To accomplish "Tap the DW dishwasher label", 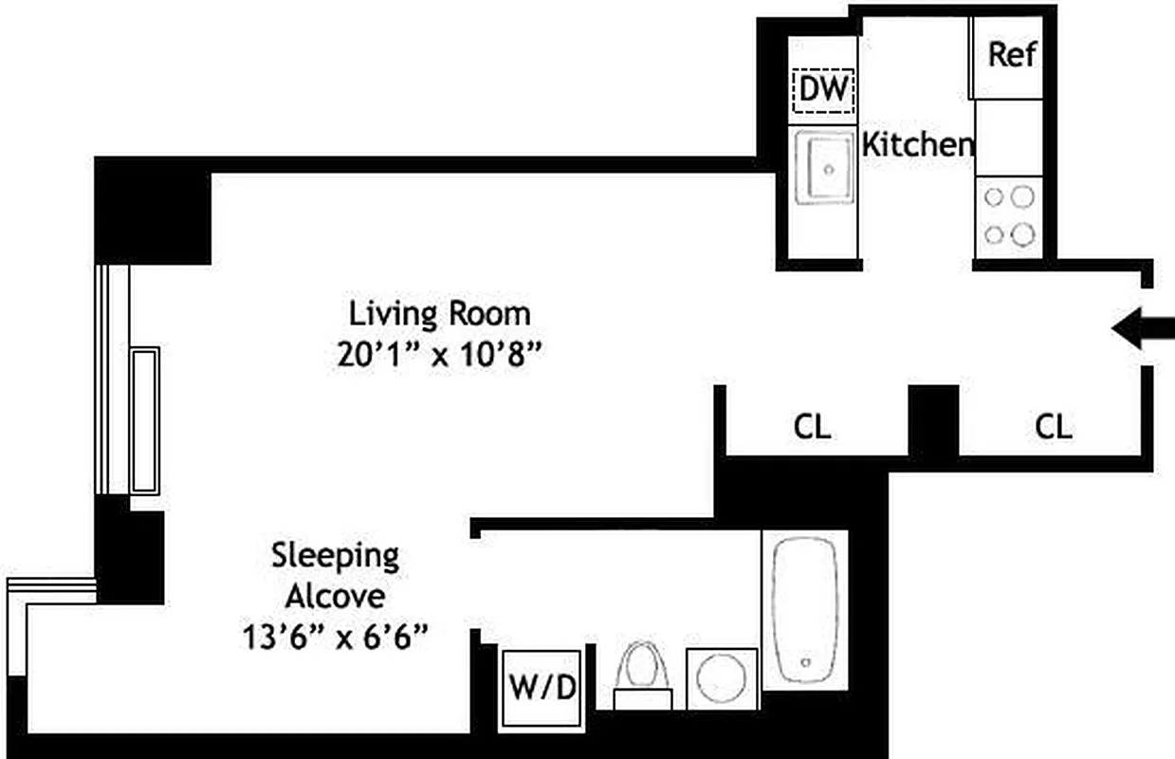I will pyautogui.click(x=823, y=90).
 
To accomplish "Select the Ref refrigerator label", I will pyautogui.click(x=1012, y=54).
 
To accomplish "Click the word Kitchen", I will pyautogui.click(x=917, y=145).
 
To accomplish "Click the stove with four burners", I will pyautogui.click(x=1008, y=215).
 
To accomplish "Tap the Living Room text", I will pyautogui.click(x=439, y=312).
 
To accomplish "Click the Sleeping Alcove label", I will pyautogui.click(x=336, y=575).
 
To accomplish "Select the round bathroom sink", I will pyautogui.click(x=722, y=678).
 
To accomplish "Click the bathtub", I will pyautogui.click(x=804, y=607).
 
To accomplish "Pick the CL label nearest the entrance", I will pyautogui.click(x=1053, y=427).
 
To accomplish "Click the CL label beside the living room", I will pyautogui.click(x=812, y=427).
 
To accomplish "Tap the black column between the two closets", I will pyautogui.click(x=933, y=421).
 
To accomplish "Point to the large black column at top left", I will pyautogui.click(x=153, y=211).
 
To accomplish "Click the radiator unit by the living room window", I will pyautogui.click(x=144, y=420).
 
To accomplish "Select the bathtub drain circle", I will pyautogui.click(x=805, y=661).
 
